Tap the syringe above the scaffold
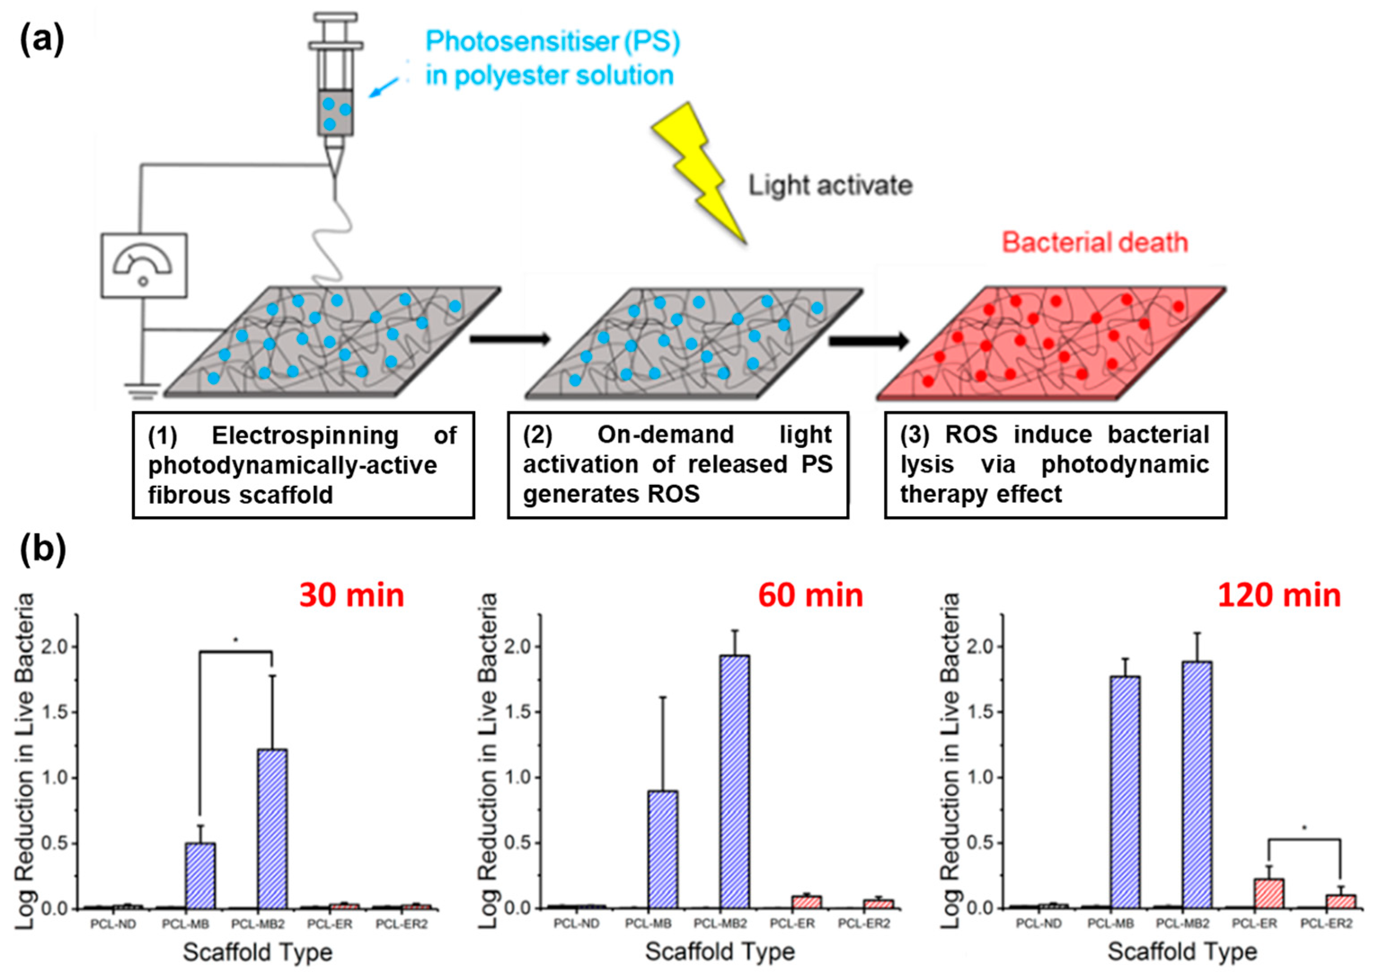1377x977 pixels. (x=335, y=90)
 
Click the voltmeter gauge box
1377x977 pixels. (x=144, y=265)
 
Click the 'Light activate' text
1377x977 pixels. (x=830, y=185)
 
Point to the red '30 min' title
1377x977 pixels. (x=352, y=596)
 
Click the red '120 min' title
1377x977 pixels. (x=1280, y=596)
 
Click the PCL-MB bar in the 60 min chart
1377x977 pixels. (x=662, y=849)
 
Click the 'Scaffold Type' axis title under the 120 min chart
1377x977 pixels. (x=1182, y=952)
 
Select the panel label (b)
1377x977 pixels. (x=42, y=549)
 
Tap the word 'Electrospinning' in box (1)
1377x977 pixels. (x=305, y=436)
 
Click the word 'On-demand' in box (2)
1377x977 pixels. (x=666, y=434)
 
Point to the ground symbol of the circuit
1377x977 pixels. (x=143, y=391)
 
